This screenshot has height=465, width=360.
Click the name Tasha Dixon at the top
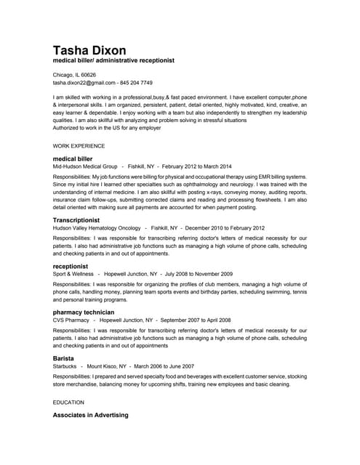pos(89,50)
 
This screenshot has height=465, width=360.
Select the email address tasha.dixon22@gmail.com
pos(84,83)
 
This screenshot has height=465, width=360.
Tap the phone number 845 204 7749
pos(137,83)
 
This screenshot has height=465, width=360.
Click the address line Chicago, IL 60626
pos(74,75)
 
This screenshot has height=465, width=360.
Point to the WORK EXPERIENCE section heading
pos(79,145)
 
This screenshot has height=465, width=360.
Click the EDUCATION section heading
pos(68,401)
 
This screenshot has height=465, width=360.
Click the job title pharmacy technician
pos(84,312)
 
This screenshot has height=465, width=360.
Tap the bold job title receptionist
pos(71,266)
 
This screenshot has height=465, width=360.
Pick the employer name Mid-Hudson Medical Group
pos(85,166)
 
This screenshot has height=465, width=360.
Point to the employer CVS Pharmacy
pos(71,320)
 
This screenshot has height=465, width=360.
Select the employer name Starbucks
pos(64,367)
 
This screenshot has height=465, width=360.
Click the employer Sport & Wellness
pos(73,274)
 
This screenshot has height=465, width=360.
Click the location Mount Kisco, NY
pos(107,367)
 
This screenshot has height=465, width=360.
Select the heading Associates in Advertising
pos(90,415)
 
